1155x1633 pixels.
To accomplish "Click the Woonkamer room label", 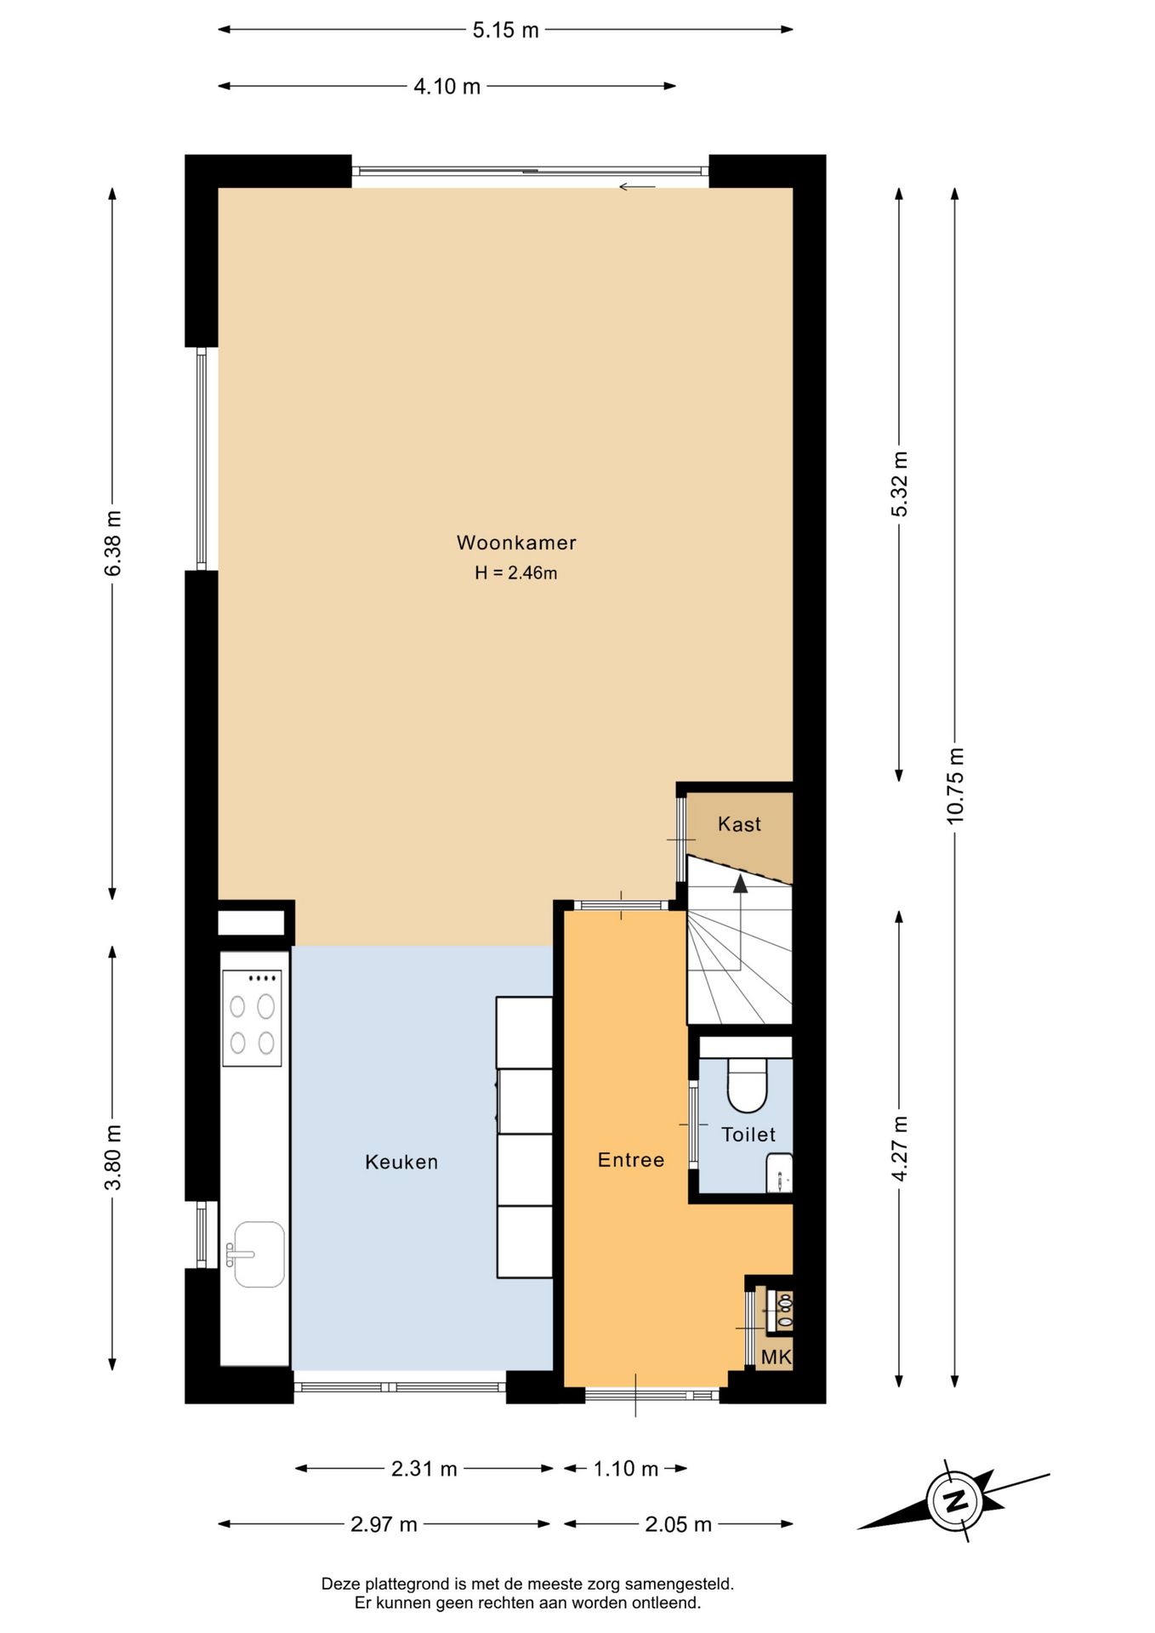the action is pyautogui.click(x=516, y=543).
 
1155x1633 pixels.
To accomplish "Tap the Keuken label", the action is pyautogui.click(x=401, y=1162).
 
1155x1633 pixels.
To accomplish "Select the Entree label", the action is pyautogui.click(x=631, y=1160).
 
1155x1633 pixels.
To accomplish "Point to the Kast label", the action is pyautogui.click(x=739, y=824).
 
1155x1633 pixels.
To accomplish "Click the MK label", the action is pyautogui.click(x=776, y=1357).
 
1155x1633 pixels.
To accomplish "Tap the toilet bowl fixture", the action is pyautogui.click(x=748, y=1086).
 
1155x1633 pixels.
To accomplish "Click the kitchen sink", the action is pyautogui.click(x=259, y=1255).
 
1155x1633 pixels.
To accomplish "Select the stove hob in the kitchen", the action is pyautogui.click(x=252, y=1018).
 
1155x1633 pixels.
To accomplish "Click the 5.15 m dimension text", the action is pyautogui.click(x=506, y=31).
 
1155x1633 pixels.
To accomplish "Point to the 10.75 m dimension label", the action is pyautogui.click(x=956, y=785).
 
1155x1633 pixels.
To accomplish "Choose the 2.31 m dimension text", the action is pyautogui.click(x=424, y=1469).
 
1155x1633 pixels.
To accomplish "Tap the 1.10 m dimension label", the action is pyautogui.click(x=626, y=1469).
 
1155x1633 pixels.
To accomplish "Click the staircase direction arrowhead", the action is pyautogui.click(x=740, y=885).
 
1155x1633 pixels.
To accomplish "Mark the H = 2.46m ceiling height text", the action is pyautogui.click(x=516, y=573).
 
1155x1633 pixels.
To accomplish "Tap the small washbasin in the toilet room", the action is pyautogui.click(x=780, y=1173).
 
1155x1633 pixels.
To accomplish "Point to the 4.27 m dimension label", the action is pyautogui.click(x=900, y=1148).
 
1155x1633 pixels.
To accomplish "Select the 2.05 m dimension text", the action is pyautogui.click(x=678, y=1525).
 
